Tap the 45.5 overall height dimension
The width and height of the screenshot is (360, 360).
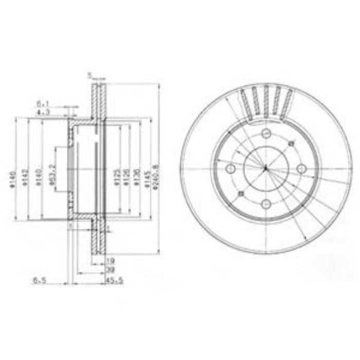coord(114,281)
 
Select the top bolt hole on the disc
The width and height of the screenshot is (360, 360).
coord(266,135)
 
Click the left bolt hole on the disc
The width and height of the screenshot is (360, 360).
coord(230,169)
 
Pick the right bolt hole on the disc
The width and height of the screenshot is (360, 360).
coord(302,168)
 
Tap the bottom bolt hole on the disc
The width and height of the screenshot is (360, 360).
coord(266,204)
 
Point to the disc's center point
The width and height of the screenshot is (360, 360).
coord(266,169)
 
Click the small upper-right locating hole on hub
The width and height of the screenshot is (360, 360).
coord(291,143)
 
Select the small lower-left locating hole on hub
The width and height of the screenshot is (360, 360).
coord(241,194)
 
